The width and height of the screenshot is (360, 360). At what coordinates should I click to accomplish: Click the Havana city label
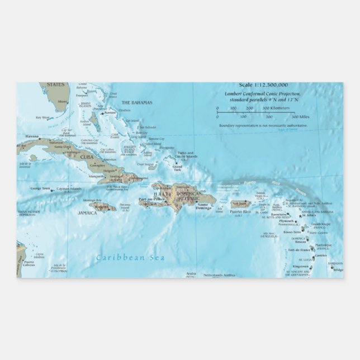pyautogui.click(x=32, y=136)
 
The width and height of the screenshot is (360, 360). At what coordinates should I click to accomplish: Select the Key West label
pyautogui.click(x=42, y=117)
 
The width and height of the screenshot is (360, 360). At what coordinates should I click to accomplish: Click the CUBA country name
pyautogui.click(x=86, y=157)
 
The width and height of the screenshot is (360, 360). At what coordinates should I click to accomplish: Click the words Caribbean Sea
pyautogui.click(x=122, y=257)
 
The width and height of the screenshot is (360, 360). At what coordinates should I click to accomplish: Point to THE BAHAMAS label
pyautogui.click(x=134, y=102)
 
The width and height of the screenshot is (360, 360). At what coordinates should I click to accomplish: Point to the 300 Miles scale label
pyautogui.click(x=301, y=117)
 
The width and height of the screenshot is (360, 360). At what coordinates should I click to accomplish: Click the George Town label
pyautogui.click(x=40, y=189)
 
